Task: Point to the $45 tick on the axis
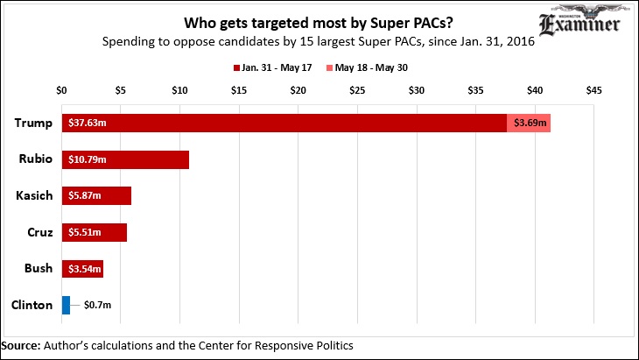(x=594, y=89)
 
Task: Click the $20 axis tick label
(x=298, y=89)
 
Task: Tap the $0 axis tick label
(x=61, y=89)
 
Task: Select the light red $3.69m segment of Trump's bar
(x=529, y=124)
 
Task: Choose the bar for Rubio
(x=125, y=159)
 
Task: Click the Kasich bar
(x=96, y=195)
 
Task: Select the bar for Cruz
(x=95, y=232)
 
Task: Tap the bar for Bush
(x=82, y=268)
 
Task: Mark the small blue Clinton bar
(x=66, y=305)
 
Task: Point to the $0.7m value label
(x=97, y=305)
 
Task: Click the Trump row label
(x=34, y=124)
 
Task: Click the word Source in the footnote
(x=21, y=346)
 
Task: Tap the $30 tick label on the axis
(x=417, y=89)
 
